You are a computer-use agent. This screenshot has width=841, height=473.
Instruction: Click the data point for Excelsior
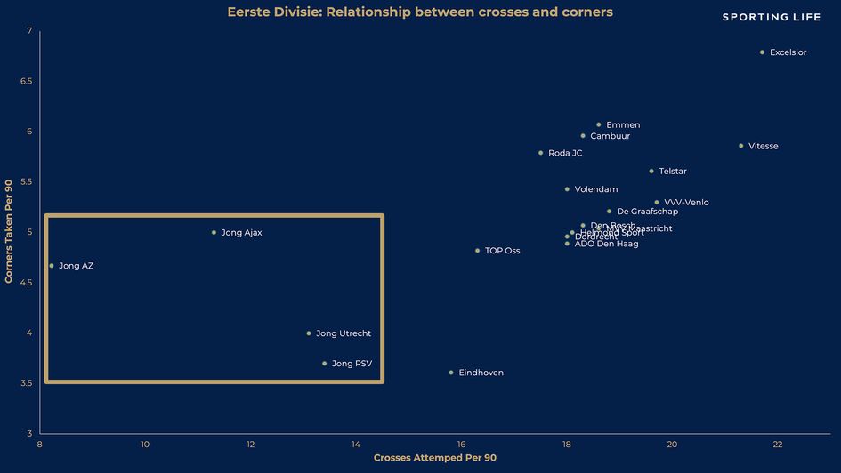point(762,52)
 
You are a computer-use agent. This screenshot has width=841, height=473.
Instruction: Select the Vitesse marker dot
point(740,146)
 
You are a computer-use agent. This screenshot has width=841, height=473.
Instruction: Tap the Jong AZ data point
point(52,266)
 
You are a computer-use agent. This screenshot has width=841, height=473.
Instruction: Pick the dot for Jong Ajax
point(214,233)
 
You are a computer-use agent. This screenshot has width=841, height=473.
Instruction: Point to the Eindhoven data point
point(451,373)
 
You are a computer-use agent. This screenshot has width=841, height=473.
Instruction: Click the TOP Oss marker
point(477,251)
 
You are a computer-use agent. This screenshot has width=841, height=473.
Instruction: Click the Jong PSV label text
point(352,364)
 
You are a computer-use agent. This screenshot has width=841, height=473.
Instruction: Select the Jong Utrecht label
point(344,333)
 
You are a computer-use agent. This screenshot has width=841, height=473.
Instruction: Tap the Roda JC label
point(565,153)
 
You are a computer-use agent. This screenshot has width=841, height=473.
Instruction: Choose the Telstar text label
point(673,172)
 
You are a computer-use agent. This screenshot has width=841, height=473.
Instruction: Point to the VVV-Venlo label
point(686,203)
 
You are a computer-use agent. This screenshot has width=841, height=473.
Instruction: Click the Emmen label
point(623,125)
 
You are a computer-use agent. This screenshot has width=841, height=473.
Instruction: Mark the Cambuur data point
point(583,136)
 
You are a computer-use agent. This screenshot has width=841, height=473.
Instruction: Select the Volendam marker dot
point(567,189)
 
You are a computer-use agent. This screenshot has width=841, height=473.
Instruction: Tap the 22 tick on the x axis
point(778,445)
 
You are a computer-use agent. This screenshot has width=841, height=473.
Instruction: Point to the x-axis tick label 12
point(250,445)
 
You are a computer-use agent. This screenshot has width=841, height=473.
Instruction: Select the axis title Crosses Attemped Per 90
point(434,458)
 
